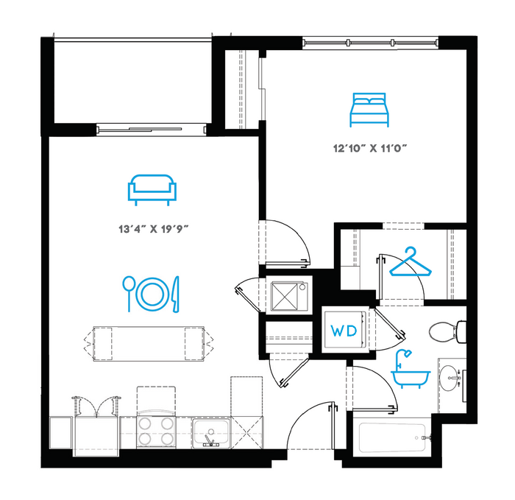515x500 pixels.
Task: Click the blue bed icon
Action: pyautogui.click(x=369, y=110)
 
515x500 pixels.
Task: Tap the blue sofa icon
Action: pyautogui.click(x=152, y=190)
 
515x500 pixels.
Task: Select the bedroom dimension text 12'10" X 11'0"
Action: pyautogui.click(x=370, y=149)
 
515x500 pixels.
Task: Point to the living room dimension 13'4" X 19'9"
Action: pyautogui.click(x=153, y=228)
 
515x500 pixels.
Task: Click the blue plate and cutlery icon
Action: pyautogui.click(x=152, y=295)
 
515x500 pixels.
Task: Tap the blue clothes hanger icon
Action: pyautogui.click(x=411, y=262)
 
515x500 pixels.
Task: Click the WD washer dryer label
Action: pyautogui.click(x=344, y=331)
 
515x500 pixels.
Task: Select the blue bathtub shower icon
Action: pyautogui.click(x=411, y=369)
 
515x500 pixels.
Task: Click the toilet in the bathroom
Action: pyautogui.click(x=447, y=331)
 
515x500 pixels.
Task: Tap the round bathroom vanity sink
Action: pyautogui.click(x=450, y=378)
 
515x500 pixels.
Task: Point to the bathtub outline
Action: pyautogui.click(x=392, y=437)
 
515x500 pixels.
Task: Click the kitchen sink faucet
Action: pyautogui.click(x=210, y=440)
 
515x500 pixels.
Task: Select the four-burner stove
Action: pyautogui.click(x=156, y=432)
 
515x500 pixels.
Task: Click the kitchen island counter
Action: pyautogui.click(x=149, y=344)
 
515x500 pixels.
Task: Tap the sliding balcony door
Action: pyautogui.click(x=152, y=129)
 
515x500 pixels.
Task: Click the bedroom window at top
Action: pyautogui.click(x=370, y=43)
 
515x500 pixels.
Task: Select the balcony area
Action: pyautogui.click(x=132, y=82)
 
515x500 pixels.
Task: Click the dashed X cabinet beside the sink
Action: pyautogui.click(x=247, y=432)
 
